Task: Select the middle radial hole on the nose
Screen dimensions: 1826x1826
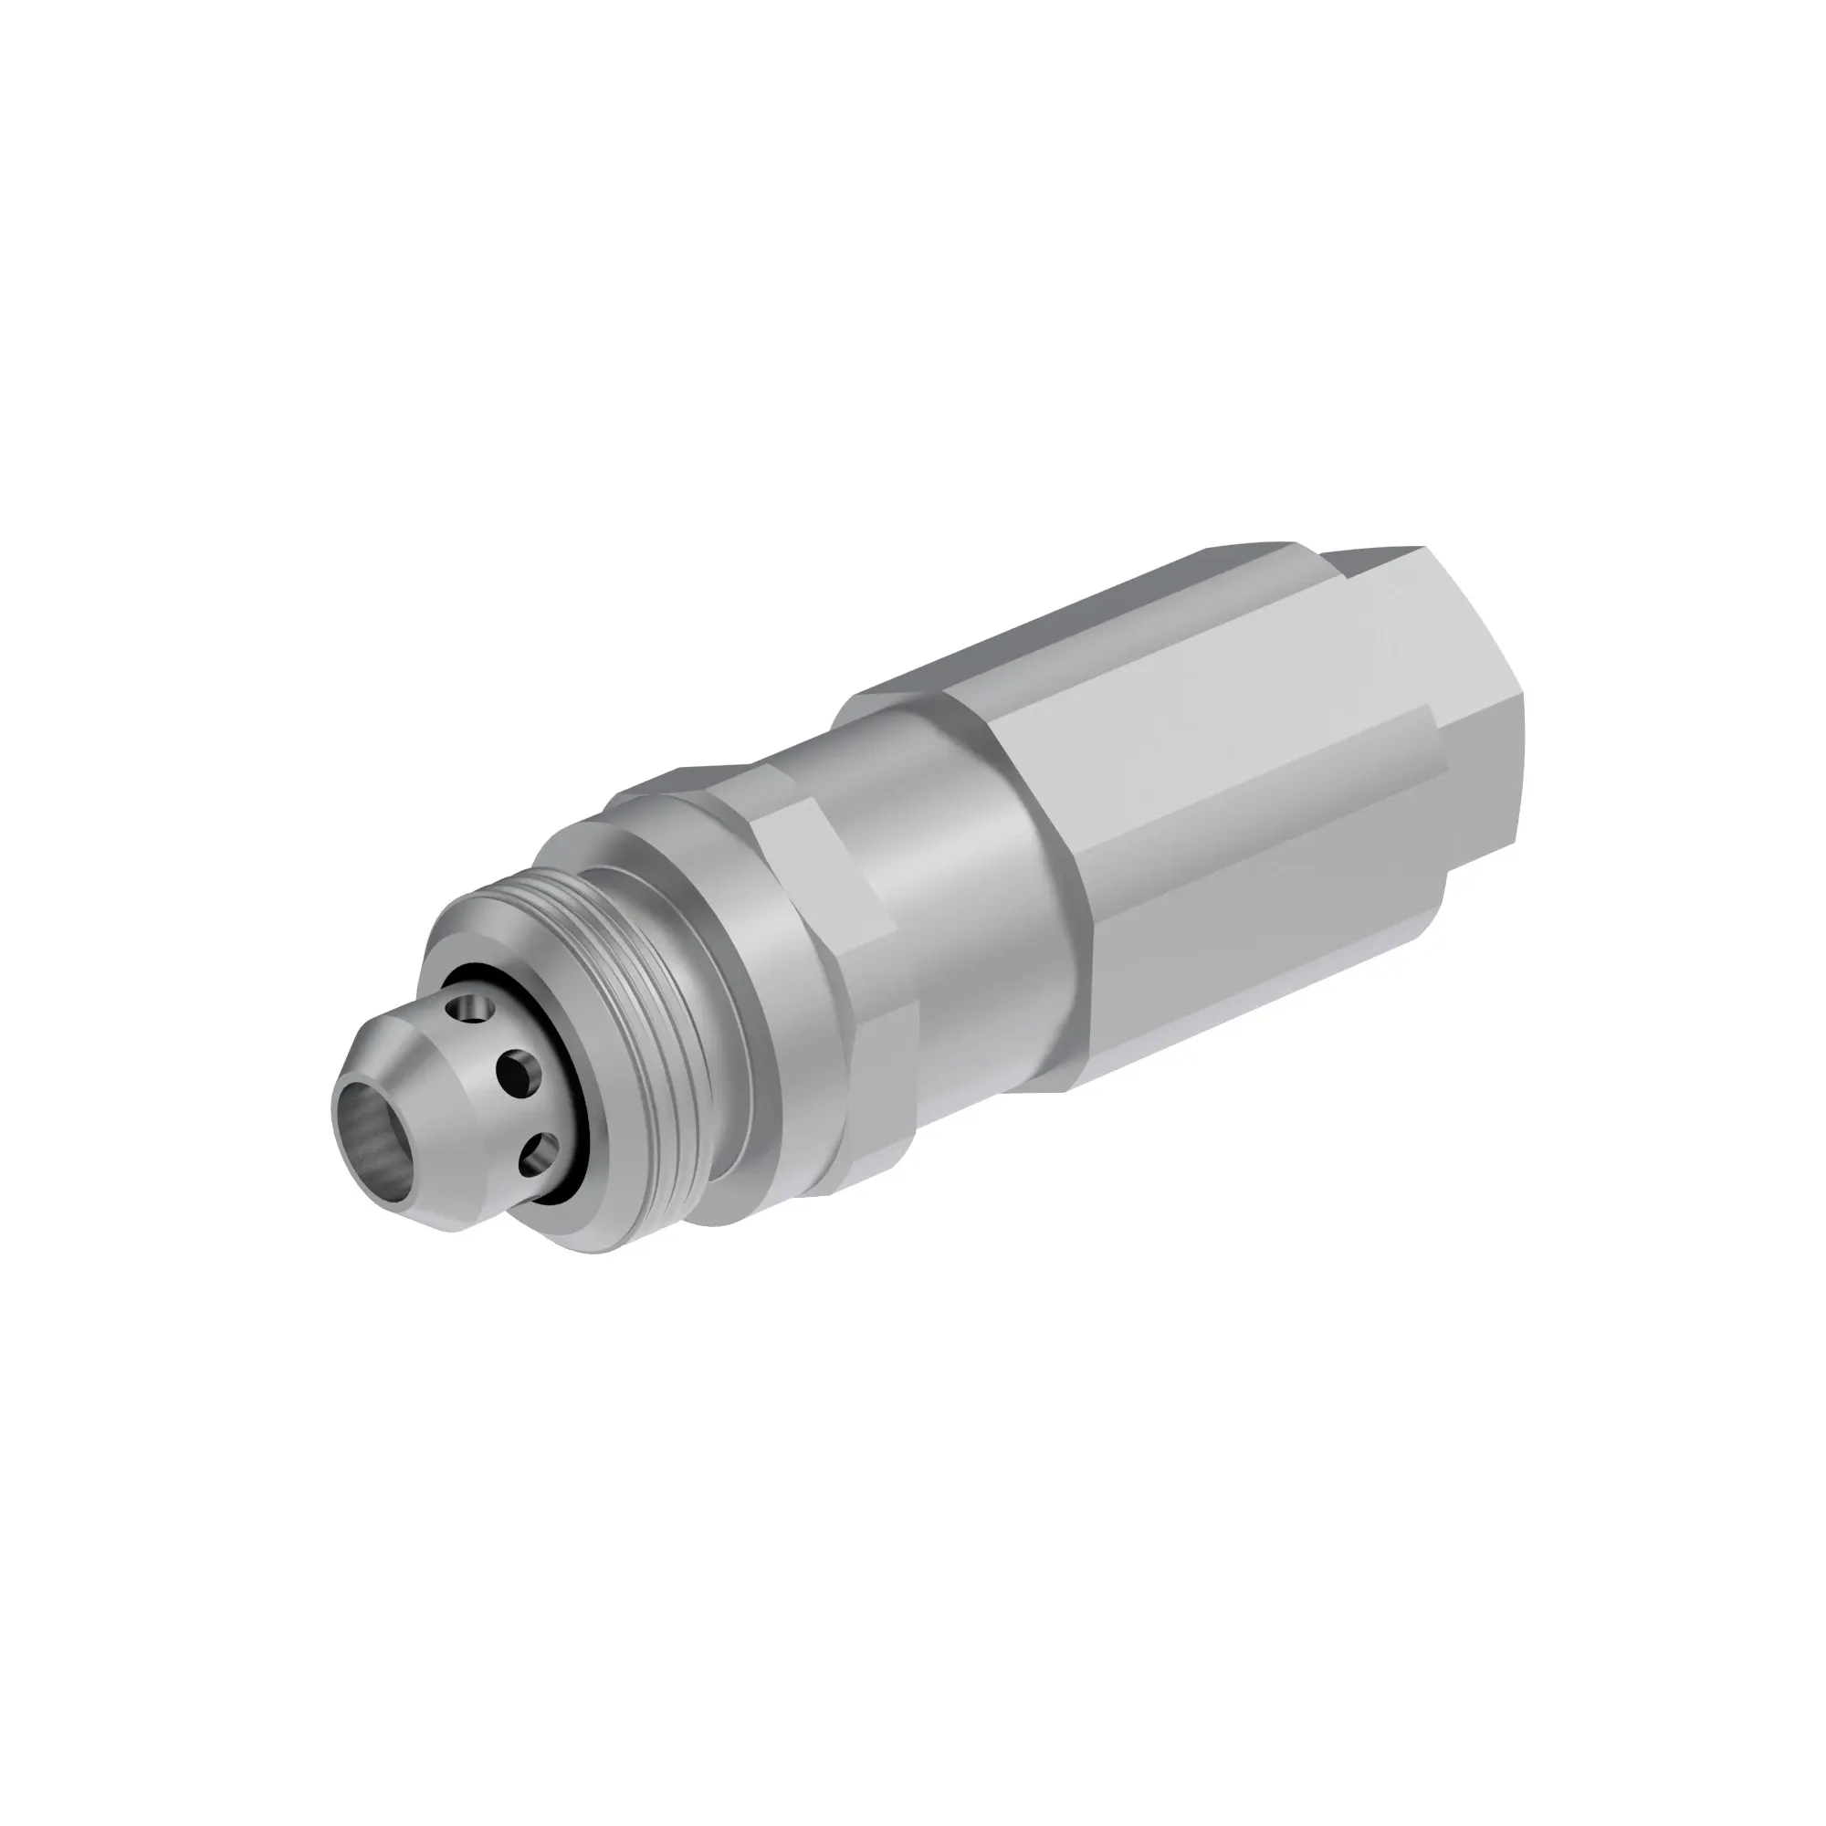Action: point(520,1073)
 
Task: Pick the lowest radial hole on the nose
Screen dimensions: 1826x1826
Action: point(543,1150)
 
